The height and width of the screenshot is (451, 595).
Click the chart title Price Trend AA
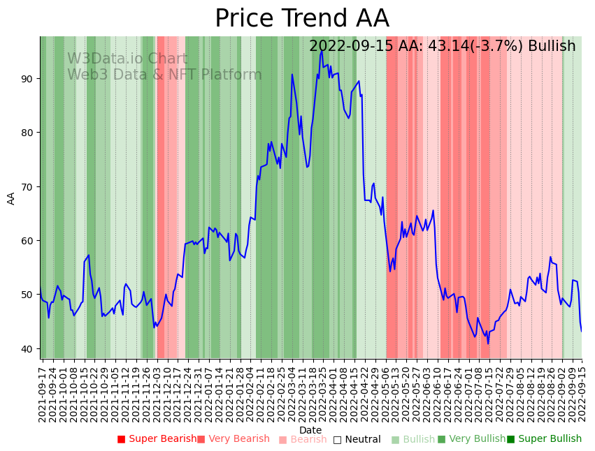point(301,19)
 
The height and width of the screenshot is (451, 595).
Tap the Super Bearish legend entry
point(157,439)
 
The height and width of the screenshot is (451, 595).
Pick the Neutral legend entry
point(357,439)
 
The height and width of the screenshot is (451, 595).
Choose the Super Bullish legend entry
point(544,439)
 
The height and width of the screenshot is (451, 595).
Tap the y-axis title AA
point(11,198)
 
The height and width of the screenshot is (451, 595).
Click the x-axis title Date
point(310,431)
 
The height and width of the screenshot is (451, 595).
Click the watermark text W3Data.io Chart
point(127,59)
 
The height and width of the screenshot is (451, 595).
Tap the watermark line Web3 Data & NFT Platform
point(164,75)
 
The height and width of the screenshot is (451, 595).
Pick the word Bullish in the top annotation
point(552,46)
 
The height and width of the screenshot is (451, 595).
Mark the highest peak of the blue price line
point(322,51)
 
